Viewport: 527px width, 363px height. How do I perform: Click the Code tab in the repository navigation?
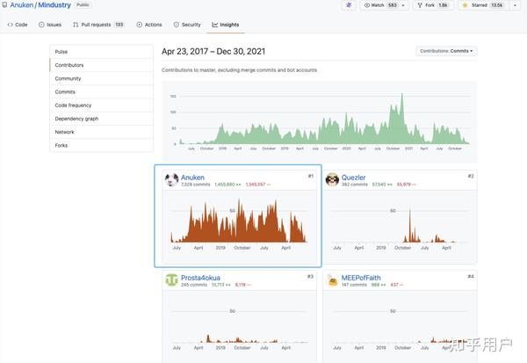pyautogui.click(x=17, y=24)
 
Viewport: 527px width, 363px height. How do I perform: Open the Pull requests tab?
pyautogui.click(x=98, y=24)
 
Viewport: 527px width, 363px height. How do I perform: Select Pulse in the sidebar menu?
pyautogui.click(x=61, y=52)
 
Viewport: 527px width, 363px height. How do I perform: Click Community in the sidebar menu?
pyautogui.click(x=68, y=78)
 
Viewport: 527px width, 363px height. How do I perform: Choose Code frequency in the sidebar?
pyautogui.click(x=73, y=105)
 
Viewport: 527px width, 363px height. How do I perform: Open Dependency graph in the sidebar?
pyautogui.click(x=76, y=118)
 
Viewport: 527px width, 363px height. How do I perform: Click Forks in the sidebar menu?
pyautogui.click(x=61, y=145)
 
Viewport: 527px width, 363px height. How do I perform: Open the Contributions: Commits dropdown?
pyautogui.click(x=446, y=51)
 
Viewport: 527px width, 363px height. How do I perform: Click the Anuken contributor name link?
pyautogui.click(x=192, y=178)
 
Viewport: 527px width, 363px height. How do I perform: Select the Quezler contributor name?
pyautogui.click(x=354, y=178)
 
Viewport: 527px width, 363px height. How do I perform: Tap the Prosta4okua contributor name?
pyautogui.click(x=201, y=278)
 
